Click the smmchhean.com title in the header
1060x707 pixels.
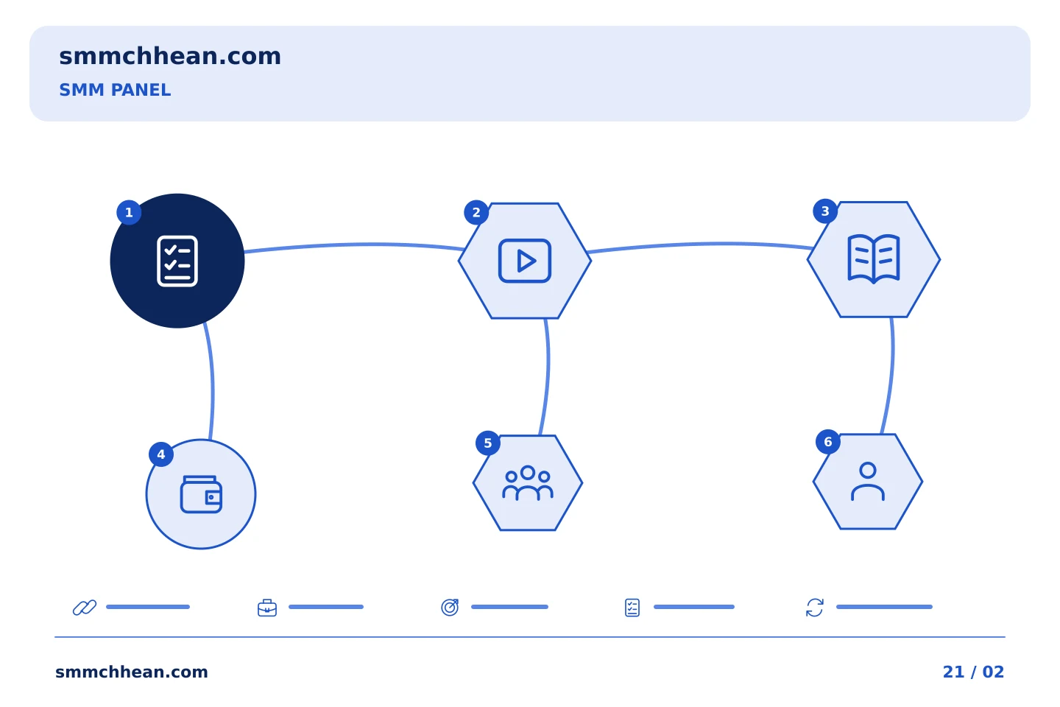click(170, 57)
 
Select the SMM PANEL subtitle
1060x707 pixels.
click(115, 90)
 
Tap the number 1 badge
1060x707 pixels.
click(129, 212)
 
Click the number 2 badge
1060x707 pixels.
click(476, 213)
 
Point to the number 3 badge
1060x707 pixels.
click(824, 211)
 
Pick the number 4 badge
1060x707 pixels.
click(161, 454)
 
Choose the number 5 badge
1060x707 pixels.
click(487, 443)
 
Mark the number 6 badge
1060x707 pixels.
click(827, 442)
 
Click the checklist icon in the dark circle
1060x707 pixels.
click(177, 261)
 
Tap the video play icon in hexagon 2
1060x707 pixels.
click(525, 261)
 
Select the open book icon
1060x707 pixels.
click(874, 259)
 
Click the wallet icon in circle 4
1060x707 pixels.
click(201, 494)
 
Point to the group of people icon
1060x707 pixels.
click(528, 483)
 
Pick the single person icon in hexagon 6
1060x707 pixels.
click(868, 482)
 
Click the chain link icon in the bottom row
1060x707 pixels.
click(85, 608)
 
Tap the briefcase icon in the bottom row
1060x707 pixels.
click(267, 608)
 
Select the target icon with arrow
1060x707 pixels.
click(450, 608)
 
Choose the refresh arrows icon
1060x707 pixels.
click(815, 608)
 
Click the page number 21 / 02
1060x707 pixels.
click(973, 672)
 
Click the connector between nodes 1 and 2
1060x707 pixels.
click(355, 245)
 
